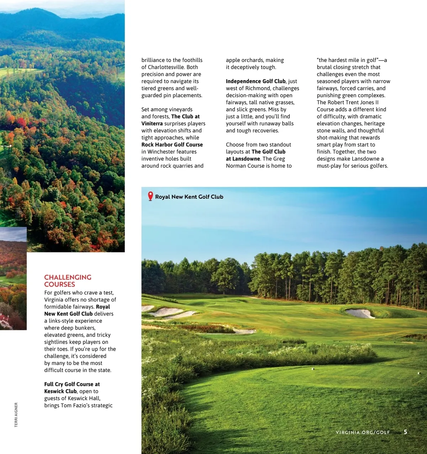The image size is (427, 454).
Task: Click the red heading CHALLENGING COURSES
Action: pyautogui.click(x=68, y=281)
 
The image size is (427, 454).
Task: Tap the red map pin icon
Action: pyautogui.click(x=151, y=196)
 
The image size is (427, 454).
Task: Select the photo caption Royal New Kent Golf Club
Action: pyautogui.click(x=189, y=197)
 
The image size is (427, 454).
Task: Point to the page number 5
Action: pyautogui.click(x=405, y=432)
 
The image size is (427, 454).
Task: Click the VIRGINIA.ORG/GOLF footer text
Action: pyautogui.click(x=363, y=432)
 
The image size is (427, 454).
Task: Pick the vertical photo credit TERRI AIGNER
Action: pyautogui.click(x=16, y=415)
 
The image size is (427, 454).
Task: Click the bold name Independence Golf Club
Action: pyautogui.click(x=255, y=81)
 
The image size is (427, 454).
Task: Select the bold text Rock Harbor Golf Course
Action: pyautogui.click(x=172, y=145)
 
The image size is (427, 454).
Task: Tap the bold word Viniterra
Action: pyautogui.click(x=152, y=124)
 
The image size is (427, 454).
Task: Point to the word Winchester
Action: pyautogui.click(x=161, y=152)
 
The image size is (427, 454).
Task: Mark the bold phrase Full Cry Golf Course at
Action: pyautogui.click(x=72, y=384)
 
